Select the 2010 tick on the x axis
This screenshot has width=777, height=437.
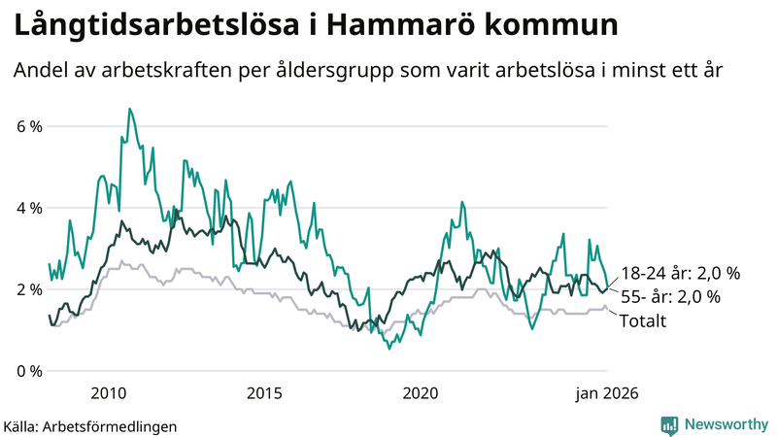108,393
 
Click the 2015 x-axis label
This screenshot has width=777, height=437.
264,393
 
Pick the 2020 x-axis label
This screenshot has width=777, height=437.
421,393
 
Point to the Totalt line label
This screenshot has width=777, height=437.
642,320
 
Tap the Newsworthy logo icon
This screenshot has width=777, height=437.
669,424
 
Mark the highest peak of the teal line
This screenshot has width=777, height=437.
129,109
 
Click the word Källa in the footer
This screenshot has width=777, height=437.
20,425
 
